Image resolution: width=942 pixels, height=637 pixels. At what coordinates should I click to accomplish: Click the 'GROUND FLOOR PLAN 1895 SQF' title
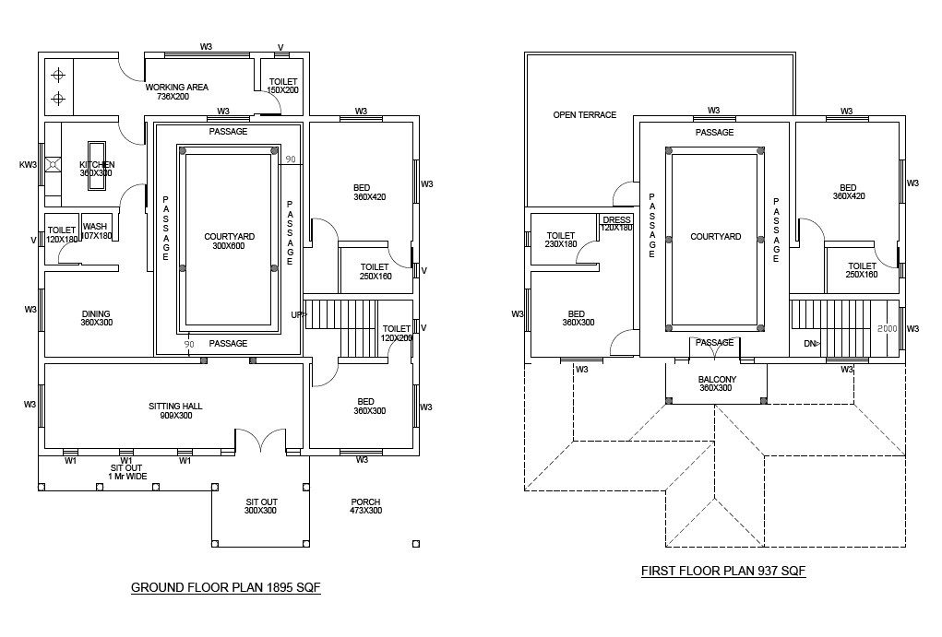tap(225, 587)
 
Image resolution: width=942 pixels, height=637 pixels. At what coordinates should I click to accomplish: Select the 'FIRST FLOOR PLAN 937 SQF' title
tap(723, 571)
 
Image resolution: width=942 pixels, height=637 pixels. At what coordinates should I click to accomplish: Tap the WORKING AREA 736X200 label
tap(176, 91)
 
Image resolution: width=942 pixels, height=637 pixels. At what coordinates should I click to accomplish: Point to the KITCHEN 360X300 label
tap(96, 169)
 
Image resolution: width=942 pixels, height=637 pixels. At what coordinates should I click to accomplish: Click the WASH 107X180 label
tap(96, 230)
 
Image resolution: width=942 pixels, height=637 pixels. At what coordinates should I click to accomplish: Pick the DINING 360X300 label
tap(96, 319)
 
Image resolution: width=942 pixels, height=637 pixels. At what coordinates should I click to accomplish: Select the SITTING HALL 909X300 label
tap(174, 410)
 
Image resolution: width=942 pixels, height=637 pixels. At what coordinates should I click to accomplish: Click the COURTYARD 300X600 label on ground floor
tap(229, 242)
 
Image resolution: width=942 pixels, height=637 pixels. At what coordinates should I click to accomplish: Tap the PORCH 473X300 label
tap(365, 506)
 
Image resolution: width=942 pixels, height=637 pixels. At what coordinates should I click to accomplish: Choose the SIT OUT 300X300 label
tap(262, 506)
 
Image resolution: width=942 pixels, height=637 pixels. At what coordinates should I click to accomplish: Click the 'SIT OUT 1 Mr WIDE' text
tap(126, 472)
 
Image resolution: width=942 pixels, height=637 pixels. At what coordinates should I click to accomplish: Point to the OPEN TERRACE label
tap(584, 115)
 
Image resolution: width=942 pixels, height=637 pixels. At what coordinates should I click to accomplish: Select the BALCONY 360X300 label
tap(715, 383)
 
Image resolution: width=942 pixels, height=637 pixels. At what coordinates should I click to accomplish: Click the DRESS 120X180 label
tap(615, 224)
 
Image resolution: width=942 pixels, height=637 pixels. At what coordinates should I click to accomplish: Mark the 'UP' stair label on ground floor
tap(297, 315)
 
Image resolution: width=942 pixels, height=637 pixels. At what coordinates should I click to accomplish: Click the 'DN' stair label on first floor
tap(809, 343)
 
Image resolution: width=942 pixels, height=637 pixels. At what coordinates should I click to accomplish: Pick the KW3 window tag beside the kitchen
tap(28, 165)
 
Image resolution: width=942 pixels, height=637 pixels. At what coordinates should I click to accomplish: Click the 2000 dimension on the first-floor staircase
tap(887, 328)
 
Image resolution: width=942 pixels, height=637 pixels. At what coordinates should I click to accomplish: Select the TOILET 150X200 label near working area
tap(283, 86)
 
